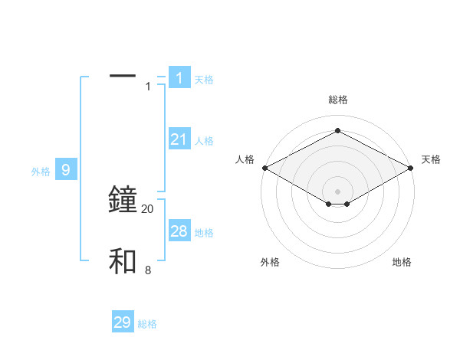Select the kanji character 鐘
click(123, 199)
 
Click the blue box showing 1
click(179, 77)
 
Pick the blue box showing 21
click(179, 139)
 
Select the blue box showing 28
click(179, 231)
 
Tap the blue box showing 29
click(123, 322)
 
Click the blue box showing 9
click(66, 169)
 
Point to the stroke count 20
click(148, 209)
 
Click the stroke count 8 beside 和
click(148, 270)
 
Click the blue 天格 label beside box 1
click(204, 79)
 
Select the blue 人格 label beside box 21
click(204, 141)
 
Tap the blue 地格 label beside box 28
click(204, 233)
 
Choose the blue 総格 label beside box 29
click(147, 325)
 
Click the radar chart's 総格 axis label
click(337, 99)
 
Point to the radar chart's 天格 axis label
click(431, 159)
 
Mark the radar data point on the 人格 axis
click(264, 167)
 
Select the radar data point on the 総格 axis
click(337, 131)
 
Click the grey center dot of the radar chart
click(337, 191)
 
